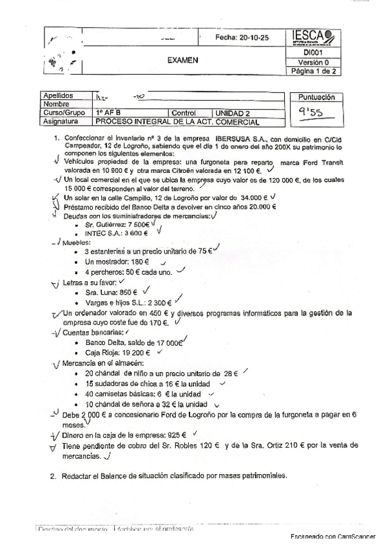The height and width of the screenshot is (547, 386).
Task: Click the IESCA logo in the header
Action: (x=314, y=36)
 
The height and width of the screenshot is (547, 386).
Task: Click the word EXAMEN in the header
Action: (x=182, y=61)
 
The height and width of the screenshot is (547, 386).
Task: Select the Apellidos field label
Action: (x=59, y=95)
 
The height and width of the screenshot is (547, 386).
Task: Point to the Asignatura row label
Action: (x=62, y=121)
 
